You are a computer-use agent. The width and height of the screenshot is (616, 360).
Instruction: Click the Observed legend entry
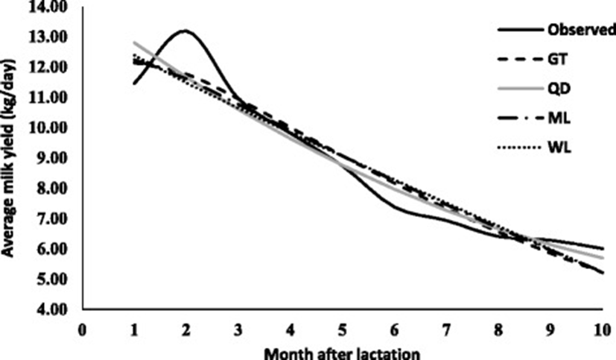[580, 31]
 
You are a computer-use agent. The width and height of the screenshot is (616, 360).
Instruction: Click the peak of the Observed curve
[184, 31]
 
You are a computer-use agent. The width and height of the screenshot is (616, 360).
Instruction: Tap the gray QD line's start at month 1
[134, 42]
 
